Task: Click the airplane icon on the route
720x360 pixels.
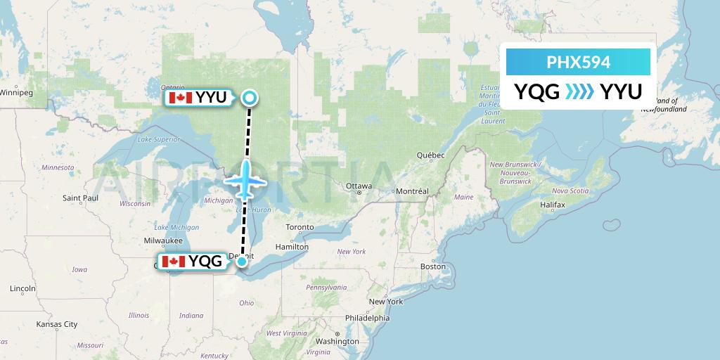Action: (246, 180)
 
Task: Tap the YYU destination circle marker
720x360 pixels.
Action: (249, 98)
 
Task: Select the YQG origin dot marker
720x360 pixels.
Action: (242, 262)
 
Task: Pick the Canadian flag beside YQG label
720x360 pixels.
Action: (173, 262)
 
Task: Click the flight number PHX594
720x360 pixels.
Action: (578, 62)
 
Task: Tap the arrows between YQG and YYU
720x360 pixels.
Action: (579, 91)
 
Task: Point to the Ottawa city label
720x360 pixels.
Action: (359, 186)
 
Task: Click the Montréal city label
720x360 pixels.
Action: (411, 191)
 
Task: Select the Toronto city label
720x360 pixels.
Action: (300, 227)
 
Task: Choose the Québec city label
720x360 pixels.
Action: (431, 155)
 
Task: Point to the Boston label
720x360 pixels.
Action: (432, 266)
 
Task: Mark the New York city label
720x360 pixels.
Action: (386, 302)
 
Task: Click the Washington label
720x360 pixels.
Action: (337, 341)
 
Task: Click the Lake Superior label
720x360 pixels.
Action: (154, 139)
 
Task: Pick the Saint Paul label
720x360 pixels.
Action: (79, 198)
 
